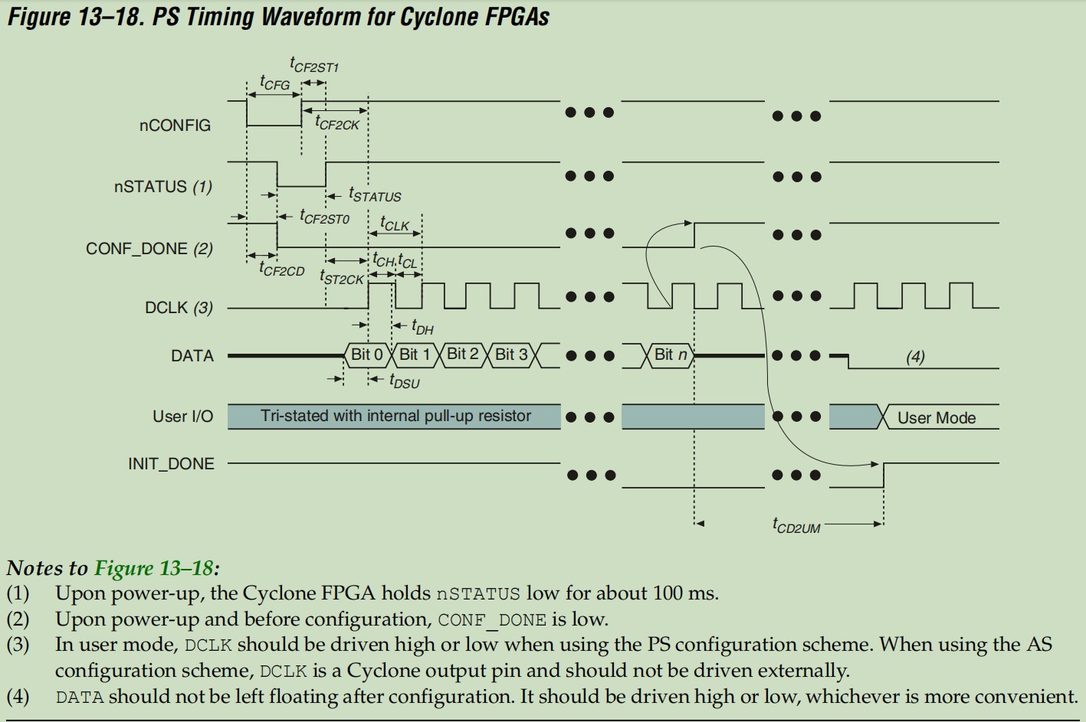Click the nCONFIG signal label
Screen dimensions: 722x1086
[x=175, y=126]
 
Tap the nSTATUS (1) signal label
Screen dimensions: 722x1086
[x=162, y=187]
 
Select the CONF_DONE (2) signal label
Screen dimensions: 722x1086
[x=149, y=249]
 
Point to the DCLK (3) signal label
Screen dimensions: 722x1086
[x=179, y=308]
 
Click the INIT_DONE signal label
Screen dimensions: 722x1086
[x=171, y=464]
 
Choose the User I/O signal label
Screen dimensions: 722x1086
[x=182, y=417]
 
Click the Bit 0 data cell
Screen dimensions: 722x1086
[x=366, y=354]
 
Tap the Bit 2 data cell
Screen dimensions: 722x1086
[x=462, y=354]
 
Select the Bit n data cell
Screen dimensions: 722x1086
[x=671, y=354]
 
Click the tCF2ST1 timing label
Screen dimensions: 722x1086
[x=314, y=65]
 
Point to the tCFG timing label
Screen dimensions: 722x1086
[x=274, y=83]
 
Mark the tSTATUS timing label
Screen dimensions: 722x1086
[x=375, y=195]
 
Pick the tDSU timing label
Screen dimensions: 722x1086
[x=404, y=381]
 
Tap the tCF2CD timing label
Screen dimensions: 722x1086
[x=281, y=270]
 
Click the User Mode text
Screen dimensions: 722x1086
[x=936, y=418]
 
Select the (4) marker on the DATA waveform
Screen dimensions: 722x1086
[x=915, y=356]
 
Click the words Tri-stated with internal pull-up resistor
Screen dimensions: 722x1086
[x=395, y=416]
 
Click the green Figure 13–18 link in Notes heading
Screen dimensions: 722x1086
[x=153, y=568]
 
